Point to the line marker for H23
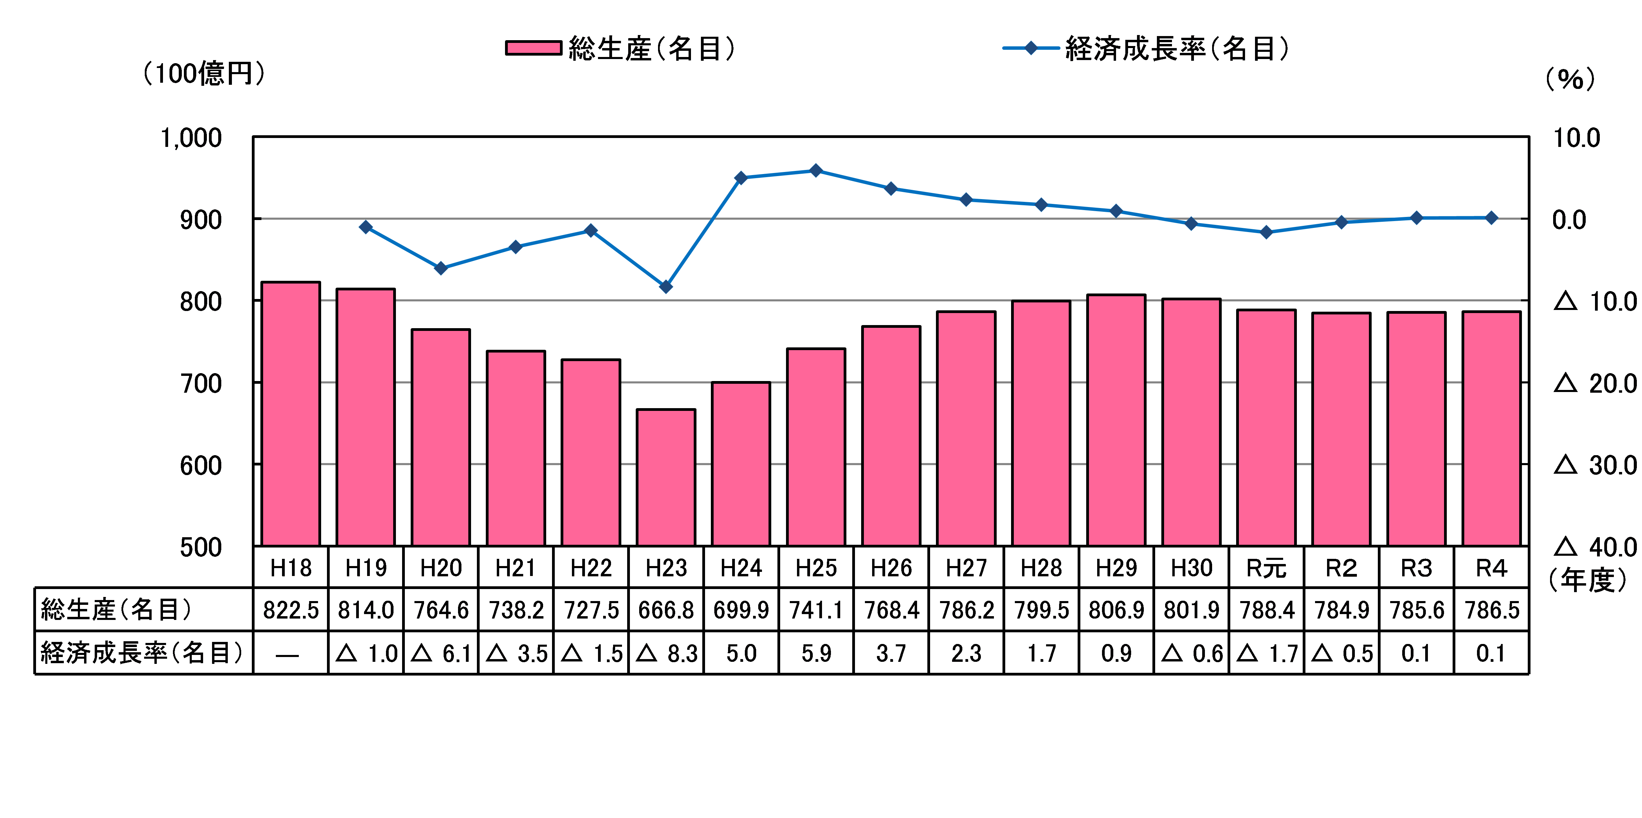[666, 287]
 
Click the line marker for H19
[366, 227]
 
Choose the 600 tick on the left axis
[201, 465]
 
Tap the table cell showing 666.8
[666, 610]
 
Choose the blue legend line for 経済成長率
[1030, 48]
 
